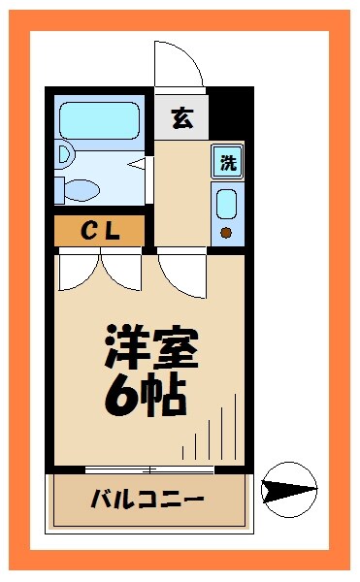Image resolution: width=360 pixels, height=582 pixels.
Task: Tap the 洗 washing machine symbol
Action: point(227,162)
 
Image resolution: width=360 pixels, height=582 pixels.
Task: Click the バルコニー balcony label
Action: point(147,501)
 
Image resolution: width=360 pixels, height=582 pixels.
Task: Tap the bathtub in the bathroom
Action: point(101,120)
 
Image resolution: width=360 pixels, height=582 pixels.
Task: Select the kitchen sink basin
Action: point(227,204)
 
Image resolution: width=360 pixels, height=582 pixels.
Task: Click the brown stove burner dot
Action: point(226,232)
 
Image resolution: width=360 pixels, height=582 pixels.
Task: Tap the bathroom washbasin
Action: point(64,152)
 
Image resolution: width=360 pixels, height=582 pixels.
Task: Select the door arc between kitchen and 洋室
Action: point(181,274)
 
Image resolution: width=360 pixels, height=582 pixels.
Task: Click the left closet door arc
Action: point(79,272)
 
